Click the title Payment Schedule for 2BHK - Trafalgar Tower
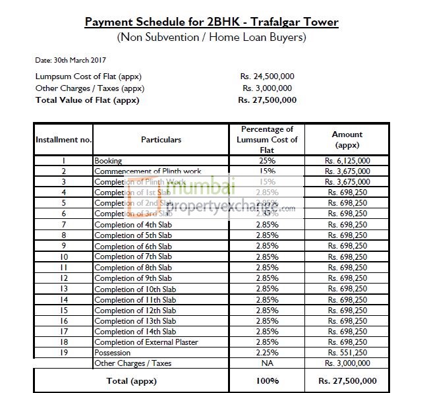[x=212, y=22]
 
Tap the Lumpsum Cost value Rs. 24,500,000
[x=267, y=76]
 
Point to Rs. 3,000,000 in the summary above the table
[x=267, y=88]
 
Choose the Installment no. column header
[x=63, y=140]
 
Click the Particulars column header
[x=161, y=140]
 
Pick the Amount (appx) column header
[x=347, y=139]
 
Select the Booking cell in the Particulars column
[x=109, y=160]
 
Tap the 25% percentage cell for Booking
[x=267, y=160]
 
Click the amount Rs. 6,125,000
[x=347, y=160]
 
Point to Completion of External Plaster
[x=146, y=342]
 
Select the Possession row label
[x=113, y=352]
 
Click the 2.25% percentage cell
[x=267, y=352]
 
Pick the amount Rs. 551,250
[x=347, y=352]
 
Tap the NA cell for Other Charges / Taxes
[x=267, y=363]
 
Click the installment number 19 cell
[x=63, y=352]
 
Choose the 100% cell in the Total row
[x=267, y=380]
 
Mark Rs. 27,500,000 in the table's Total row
[x=347, y=380]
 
